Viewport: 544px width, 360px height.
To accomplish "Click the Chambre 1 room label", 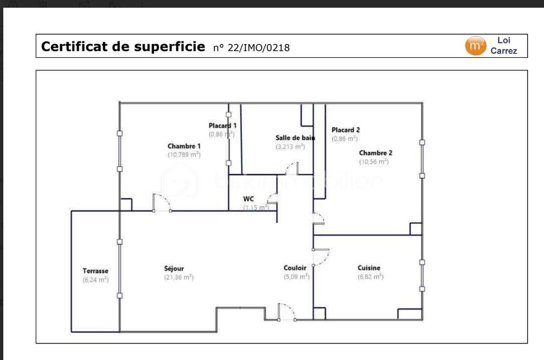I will click(184, 146).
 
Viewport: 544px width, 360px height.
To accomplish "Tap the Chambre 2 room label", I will click(375, 153).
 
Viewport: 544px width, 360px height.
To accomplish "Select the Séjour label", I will click(174, 269).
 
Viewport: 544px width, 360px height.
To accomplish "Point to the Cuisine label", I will click(369, 268).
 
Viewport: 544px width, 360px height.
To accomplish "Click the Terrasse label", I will click(95, 271).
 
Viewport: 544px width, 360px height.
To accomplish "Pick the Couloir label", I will click(295, 268).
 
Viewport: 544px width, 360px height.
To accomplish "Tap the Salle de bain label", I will click(295, 138).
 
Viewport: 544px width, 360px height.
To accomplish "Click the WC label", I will click(248, 199).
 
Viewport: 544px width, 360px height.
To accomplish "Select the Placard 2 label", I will click(345, 130).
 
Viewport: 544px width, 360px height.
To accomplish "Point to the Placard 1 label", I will click(222, 126).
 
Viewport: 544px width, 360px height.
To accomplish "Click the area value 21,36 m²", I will click(179, 277).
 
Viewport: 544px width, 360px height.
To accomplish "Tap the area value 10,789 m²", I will click(184, 155).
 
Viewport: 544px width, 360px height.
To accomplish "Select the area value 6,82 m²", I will click(370, 276).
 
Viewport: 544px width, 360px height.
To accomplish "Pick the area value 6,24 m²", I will click(95, 280).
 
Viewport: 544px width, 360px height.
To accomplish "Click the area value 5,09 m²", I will click(296, 276).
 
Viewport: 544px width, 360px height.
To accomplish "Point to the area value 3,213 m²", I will click(290, 146).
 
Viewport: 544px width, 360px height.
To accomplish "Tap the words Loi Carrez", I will click(504, 46).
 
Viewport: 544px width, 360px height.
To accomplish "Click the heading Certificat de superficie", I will click(122, 47).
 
